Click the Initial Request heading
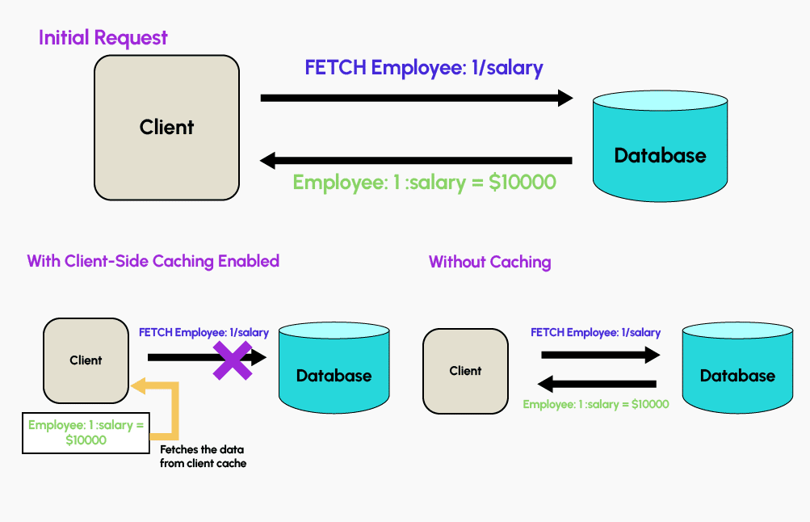[x=103, y=37]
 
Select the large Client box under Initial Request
[x=166, y=127]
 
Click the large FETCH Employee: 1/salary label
[x=424, y=67]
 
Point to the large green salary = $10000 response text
[x=424, y=182]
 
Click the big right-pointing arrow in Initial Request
[x=416, y=98]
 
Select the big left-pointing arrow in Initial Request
[x=416, y=160]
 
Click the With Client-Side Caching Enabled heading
[x=153, y=261]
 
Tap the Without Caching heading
[x=489, y=262]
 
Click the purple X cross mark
[x=232, y=360]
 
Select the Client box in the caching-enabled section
[x=86, y=360]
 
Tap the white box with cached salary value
[x=86, y=431]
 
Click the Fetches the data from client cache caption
[x=202, y=456]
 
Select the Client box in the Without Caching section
[x=465, y=371]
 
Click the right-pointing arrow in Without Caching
[x=598, y=354]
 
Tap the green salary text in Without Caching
[x=595, y=404]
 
